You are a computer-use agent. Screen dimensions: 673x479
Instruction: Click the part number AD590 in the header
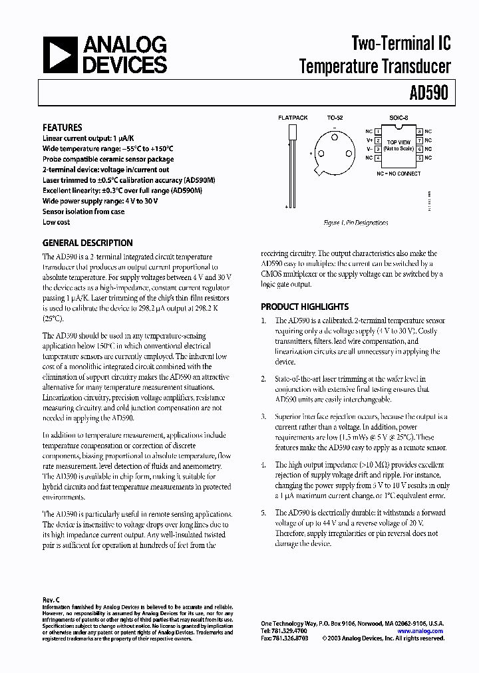[430, 94]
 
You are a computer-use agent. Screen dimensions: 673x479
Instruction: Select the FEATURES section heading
[63, 127]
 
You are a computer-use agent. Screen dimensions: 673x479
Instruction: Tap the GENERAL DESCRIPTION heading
[87, 243]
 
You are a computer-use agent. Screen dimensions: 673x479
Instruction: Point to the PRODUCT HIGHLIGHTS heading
[304, 307]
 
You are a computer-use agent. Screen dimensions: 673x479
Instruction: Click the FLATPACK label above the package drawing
[292, 118]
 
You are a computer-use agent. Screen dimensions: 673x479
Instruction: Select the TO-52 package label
[335, 118]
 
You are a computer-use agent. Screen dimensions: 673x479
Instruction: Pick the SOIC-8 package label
[397, 118]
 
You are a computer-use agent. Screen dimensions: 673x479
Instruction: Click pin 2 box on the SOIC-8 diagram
[378, 140]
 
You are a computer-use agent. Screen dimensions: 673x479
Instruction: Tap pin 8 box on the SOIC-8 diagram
[419, 132]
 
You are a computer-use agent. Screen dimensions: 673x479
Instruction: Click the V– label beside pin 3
[369, 149]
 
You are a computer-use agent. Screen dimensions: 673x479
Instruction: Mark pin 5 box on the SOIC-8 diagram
[419, 158]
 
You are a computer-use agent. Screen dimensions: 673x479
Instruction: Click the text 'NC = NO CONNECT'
[398, 173]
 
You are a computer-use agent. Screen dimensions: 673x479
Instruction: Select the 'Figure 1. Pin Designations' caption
[355, 223]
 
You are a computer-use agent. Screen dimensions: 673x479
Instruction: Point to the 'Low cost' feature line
[57, 222]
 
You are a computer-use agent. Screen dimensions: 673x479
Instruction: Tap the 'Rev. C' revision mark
[51, 599]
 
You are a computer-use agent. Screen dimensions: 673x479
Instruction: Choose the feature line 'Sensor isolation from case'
[83, 211]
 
